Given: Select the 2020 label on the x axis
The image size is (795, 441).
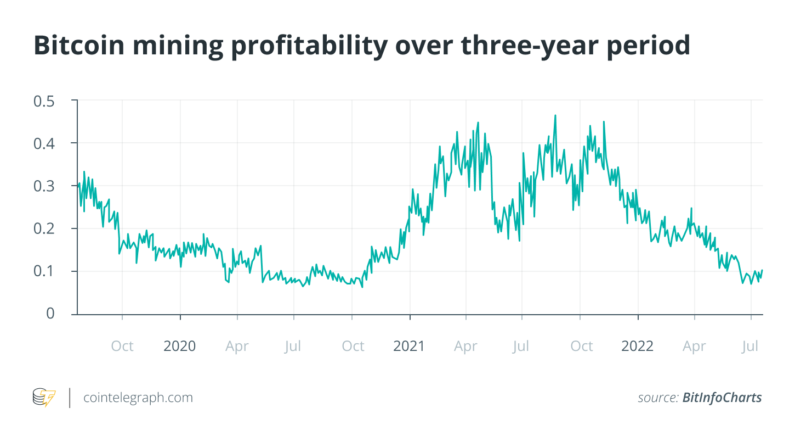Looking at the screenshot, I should pyautogui.click(x=180, y=346).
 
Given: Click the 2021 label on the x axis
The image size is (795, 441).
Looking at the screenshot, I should pyautogui.click(x=409, y=346).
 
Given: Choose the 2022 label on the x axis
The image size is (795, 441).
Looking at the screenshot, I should pyautogui.click(x=638, y=346).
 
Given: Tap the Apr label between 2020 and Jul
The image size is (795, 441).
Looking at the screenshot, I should pyautogui.click(x=237, y=346).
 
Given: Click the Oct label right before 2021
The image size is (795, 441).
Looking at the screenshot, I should pyautogui.click(x=353, y=346).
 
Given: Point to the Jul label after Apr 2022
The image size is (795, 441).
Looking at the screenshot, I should pyautogui.click(x=750, y=346).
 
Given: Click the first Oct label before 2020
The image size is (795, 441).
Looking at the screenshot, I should pyautogui.click(x=122, y=346).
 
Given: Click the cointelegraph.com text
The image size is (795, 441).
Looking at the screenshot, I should pyautogui.click(x=138, y=398).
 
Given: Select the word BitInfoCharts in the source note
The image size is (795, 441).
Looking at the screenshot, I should pyautogui.click(x=722, y=398).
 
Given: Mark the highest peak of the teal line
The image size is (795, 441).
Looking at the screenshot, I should pyautogui.click(x=555, y=115).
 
